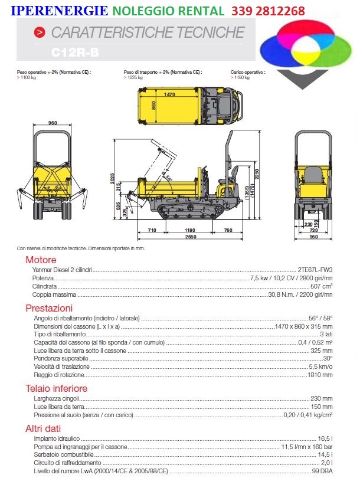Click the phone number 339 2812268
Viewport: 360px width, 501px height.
click(268, 11)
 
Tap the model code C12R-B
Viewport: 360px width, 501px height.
click(75, 53)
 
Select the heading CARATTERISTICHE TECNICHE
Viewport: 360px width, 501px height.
click(147, 32)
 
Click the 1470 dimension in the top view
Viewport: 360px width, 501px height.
click(171, 94)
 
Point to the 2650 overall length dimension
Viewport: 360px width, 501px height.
click(190, 237)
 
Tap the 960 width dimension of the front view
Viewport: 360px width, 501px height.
click(53, 123)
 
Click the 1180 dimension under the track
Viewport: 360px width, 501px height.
click(189, 230)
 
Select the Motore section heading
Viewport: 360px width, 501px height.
click(41, 260)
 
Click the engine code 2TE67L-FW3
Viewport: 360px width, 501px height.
click(315, 269)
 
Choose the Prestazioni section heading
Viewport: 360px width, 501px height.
click(49, 308)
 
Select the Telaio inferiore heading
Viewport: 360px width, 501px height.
click(56, 388)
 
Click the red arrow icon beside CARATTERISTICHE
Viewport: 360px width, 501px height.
click(39, 32)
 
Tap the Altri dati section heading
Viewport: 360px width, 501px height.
click(43, 428)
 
